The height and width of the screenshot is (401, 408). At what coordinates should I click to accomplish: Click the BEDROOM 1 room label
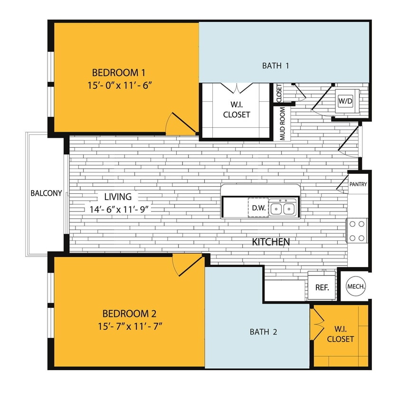pyautogui.click(x=118, y=73)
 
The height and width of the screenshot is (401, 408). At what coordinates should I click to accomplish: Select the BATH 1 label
pyautogui.click(x=275, y=66)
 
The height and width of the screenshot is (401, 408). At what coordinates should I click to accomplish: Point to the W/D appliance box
pyautogui.click(x=345, y=101)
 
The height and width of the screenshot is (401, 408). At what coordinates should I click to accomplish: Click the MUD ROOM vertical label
pyautogui.click(x=283, y=124)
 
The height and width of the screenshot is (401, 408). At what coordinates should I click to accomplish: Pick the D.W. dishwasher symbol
pyautogui.click(x=258, y=208)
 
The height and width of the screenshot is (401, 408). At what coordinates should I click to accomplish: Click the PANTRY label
pyautogui.click(x=358, y=184)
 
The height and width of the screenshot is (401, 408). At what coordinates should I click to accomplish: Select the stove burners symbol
pyautogui.click(x=358, y=230)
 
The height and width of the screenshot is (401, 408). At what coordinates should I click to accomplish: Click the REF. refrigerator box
pyautogui.click(x=322, y=287)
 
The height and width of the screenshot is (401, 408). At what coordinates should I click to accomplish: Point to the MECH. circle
pyautogui.click(x=356, y=286)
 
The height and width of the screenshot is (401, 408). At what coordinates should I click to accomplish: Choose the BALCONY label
pyautogui.click(x=46, y=193)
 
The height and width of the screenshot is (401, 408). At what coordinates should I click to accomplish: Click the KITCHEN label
pyautogui.click(x=271, y=242)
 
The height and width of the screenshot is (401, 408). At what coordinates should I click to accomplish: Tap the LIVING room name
pyautogui.click(x=115, y=197)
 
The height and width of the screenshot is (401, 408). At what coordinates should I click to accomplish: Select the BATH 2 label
pyautogui.click(x=263, y=332)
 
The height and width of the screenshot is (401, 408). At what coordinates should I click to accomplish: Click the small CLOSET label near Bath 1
pyautogui.click(x=279, y=93)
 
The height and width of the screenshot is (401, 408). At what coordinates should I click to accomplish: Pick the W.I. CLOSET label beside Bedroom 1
pyautogui.click(x=237, y=110)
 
